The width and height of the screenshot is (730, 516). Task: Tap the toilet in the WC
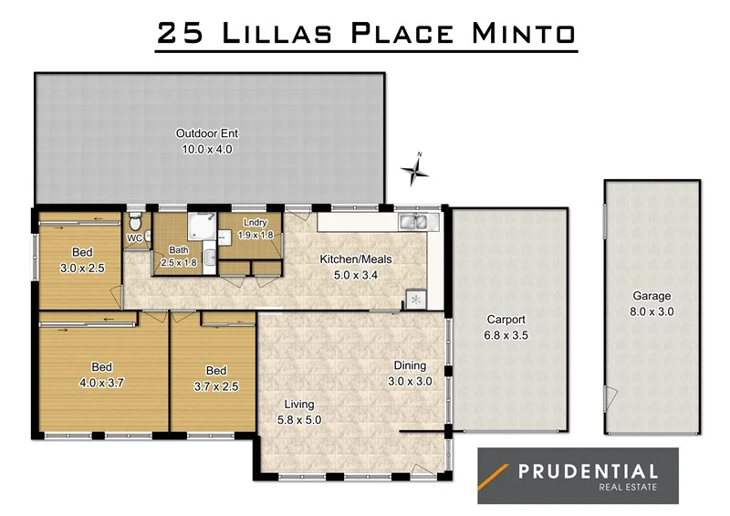pyautogui.click(x=135, y=222)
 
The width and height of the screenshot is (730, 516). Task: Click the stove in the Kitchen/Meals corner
pyautogui.click(x=417, y=299)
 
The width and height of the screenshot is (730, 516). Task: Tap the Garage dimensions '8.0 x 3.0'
pyautogui.click(x=652, y=311)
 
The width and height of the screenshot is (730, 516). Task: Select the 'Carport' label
pyautogui.click(x=506, y=321)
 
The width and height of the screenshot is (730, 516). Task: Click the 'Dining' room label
pyautogui.click(x=409, y=366)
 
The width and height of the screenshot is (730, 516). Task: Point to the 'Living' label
pyautogui.click(x=299, y=405)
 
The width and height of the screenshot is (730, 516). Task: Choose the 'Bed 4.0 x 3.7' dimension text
pyautogui.click(x=102, y=384)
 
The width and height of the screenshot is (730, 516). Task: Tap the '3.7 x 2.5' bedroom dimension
pyautogui.click(x=216, y=385)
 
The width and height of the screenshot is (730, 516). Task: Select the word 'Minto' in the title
pyautogui.click(x=522, y=34)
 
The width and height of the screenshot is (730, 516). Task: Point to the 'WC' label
pyautogui.click(x=134, y=238)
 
